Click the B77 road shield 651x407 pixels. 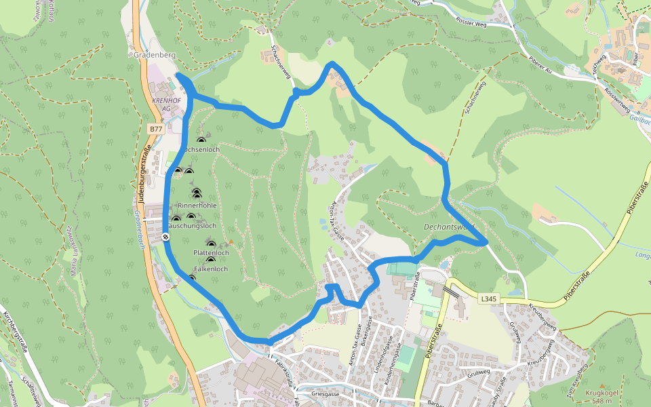coord(155,128)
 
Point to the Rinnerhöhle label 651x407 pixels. coord(197,205)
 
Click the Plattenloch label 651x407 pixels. coord(211,253)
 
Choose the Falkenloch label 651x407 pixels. coord(210,269)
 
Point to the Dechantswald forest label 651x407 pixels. coord(448,227)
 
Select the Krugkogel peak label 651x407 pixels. coord(601,393)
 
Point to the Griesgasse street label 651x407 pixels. coord(325,393)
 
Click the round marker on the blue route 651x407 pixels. coord(166,237)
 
